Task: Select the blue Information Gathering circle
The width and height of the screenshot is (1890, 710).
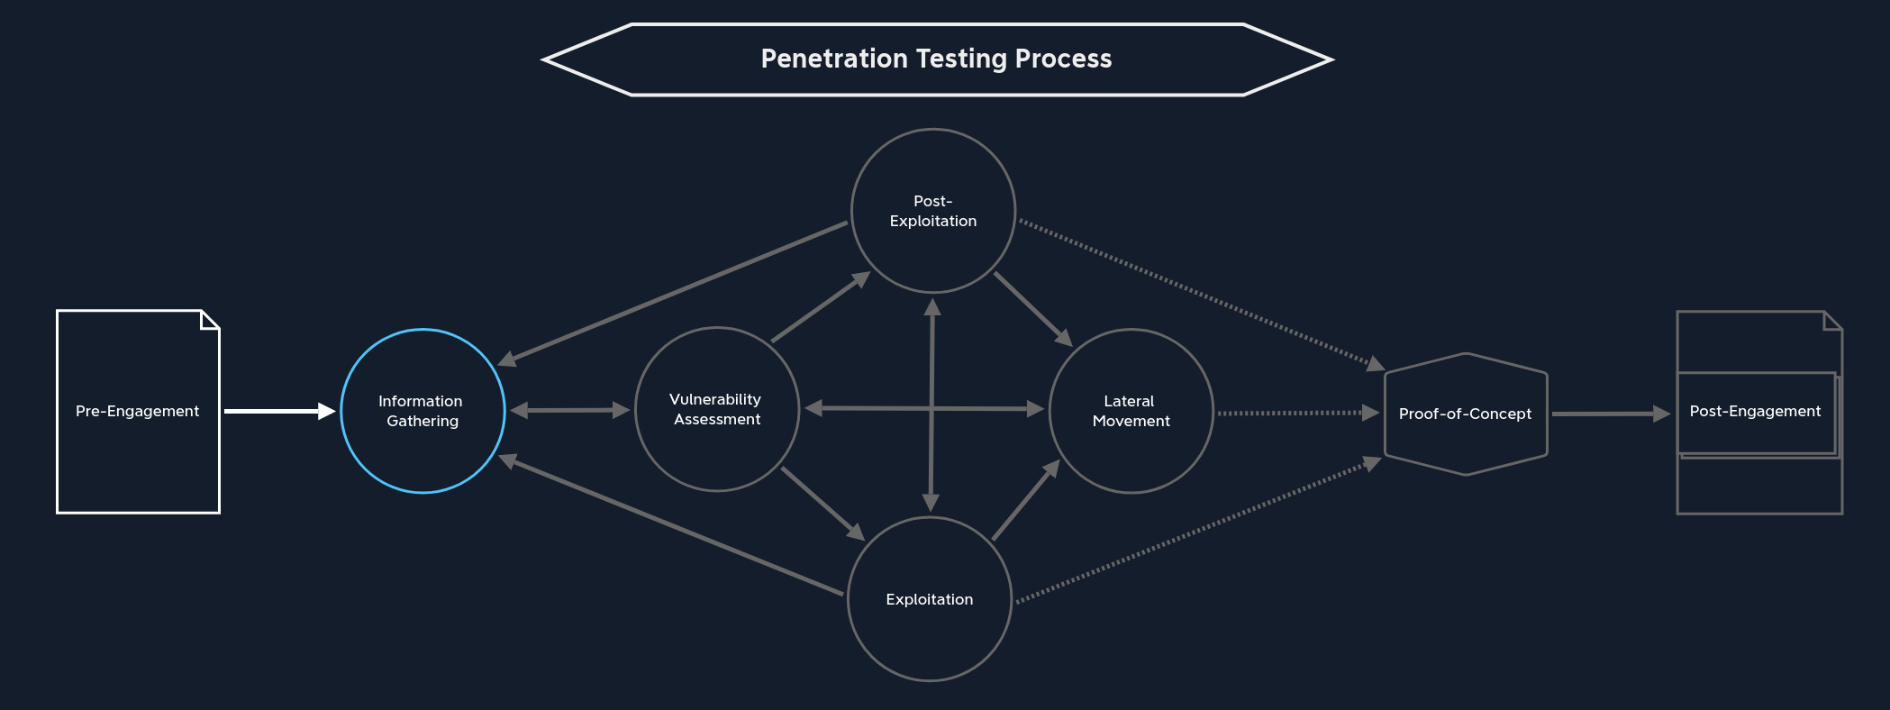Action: point(423,411)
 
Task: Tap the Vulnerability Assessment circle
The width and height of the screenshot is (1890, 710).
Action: point(716,409)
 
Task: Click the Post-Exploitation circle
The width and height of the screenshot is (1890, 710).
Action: point(932,211)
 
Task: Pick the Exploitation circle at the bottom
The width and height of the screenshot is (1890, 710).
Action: point(929,599)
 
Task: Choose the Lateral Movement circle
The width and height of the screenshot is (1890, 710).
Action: point(1131,411)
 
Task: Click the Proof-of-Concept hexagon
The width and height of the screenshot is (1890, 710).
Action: point(1465,414)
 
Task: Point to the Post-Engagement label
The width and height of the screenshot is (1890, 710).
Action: point(1755,411)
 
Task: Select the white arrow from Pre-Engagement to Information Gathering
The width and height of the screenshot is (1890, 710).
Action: point(279,411)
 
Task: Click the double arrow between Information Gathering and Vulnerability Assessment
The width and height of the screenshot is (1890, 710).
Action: point(569,410)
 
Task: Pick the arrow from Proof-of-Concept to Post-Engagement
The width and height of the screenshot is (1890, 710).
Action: point(1611,414)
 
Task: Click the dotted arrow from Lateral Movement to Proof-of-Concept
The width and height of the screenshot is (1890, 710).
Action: point(1297,413)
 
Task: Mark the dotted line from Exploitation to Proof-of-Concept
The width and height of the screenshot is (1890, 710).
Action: point(1198,532)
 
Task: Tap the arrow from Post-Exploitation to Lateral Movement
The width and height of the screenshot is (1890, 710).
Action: point(1032,308)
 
